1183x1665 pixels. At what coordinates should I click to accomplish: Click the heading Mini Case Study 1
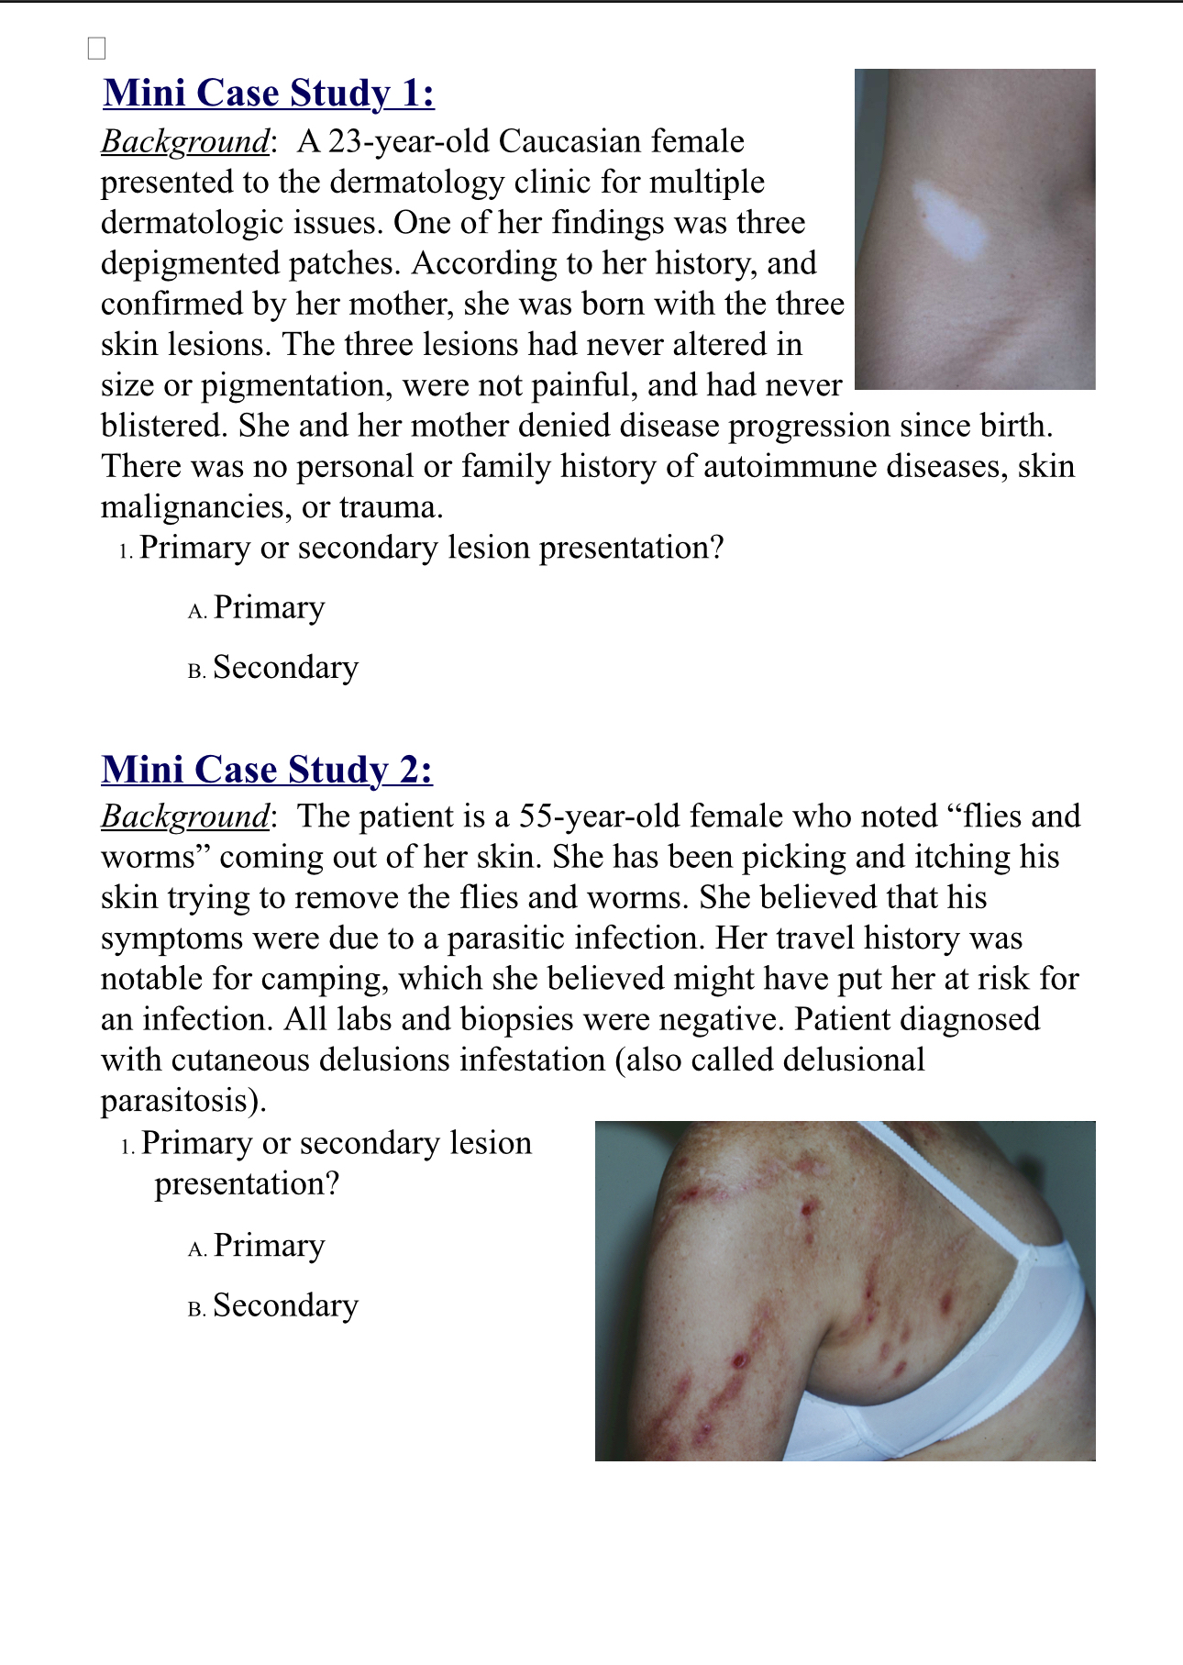coord(269,94)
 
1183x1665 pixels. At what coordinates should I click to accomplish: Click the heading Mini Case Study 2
coord(267,770)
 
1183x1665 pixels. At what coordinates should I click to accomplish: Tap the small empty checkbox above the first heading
coord(96,49)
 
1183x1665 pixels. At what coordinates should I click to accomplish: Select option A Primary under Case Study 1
coord(269,608)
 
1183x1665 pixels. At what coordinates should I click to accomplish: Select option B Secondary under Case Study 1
coord(285,668)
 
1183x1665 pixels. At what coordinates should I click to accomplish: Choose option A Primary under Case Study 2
coord(269,1246)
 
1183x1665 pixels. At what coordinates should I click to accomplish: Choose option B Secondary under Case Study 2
coord(285,1305)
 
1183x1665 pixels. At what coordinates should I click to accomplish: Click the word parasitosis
coord(182,1101)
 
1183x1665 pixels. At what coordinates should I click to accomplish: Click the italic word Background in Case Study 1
coord(185,142)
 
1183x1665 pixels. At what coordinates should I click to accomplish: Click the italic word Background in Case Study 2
coord(185,816)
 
